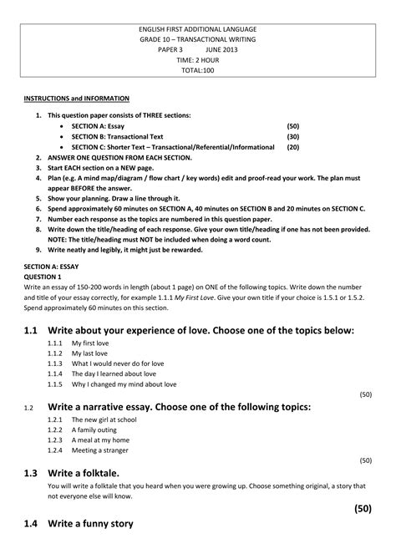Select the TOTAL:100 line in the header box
(x=199, y=72)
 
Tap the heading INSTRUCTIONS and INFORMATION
(x=65, y=99)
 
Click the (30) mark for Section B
(x=292, y=135)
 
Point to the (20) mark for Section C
(x=292, y=146)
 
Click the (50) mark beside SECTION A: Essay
(x=292, y=125)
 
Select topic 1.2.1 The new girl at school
(x=104, y=419)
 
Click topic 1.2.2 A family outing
(x=94, y=429)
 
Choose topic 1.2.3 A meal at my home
(x=99, y=440)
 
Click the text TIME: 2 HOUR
(x=199, y=61)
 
